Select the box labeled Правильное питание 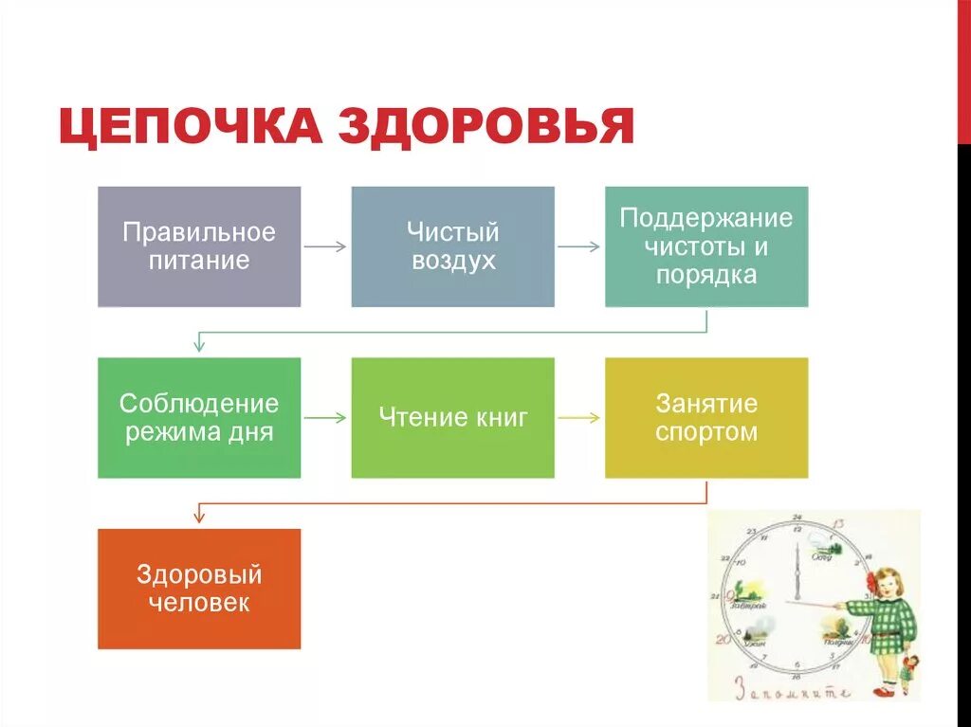[199, 246]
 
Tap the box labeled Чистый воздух [453, 246]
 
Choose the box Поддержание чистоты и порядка [706, 246]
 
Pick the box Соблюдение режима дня [199, 417]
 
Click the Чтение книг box [453, 417]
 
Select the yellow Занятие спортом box [706, 417]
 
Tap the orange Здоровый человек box [199, 589]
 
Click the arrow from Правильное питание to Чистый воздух [325, 246]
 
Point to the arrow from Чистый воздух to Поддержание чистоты [579, 246]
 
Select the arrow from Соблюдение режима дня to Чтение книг [325, 417]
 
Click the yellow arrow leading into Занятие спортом [579, 417]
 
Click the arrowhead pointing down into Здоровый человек [199, 518]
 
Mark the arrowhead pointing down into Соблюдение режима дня [199, 347]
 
